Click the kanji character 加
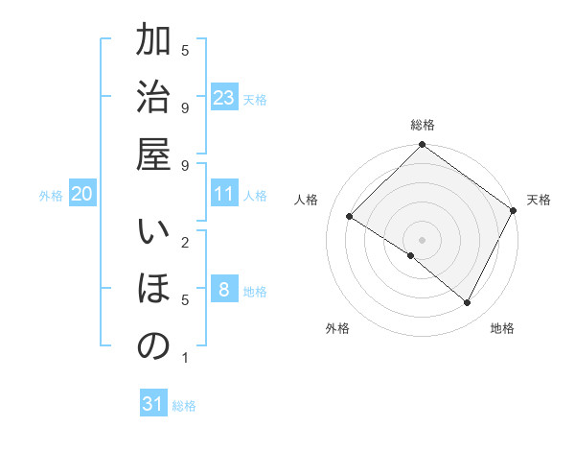(x=153, y=42)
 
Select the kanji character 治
(x=153, y=98)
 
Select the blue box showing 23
(x=224, y=98)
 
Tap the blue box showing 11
(x=224, y=194)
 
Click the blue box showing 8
(x=224, y=290)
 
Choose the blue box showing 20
(x=82, y=194)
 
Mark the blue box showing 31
(x=153, y=404)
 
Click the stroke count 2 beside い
(x=185, y=242)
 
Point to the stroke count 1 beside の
(x=185, y=358)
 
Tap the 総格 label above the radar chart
(x=423, y=125)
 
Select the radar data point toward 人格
(x=350, y=217)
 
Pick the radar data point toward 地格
(x=468, y=303)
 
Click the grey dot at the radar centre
(x=422, y=239)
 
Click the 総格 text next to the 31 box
(x=184, y=406)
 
